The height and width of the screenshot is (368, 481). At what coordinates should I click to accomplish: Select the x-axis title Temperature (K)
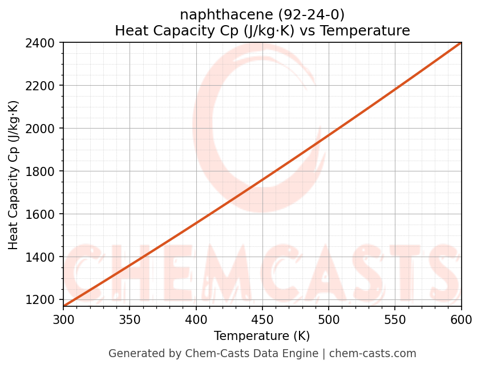click(x=262, y=336)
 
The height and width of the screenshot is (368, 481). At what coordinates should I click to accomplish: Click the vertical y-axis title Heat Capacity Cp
click(x=14, y=175)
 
